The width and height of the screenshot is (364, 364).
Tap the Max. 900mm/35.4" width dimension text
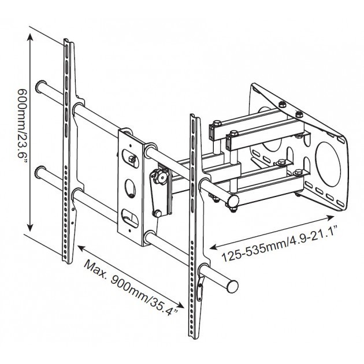pyautogui.click(x=131, y=287)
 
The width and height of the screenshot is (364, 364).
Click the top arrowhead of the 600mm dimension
pyautogui.click(x=30, y=37)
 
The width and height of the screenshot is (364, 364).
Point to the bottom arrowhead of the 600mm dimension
pyautogui.click(x=30, y=227)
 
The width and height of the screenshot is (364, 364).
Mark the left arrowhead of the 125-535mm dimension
pyautogui.click(x=214, y=247)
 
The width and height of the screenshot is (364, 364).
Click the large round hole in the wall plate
pyautogui.click(x=328, y=164)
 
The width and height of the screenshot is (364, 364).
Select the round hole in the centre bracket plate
pyautogui.click(x=131, y=188)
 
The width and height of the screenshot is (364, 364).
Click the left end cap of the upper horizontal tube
pyautogui.click(x=41, y=86)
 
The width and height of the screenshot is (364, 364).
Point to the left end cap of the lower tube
pyautogui.click(x=40, y=172)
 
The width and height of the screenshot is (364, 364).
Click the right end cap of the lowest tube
pyautogui.click(x=232, y=287)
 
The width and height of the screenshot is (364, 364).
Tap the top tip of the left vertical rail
pyautogui.click(x=66, y=39)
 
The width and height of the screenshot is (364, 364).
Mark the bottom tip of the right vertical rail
pyautogui.click(x=192, y=338)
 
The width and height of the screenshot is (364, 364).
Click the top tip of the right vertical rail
pyautogui.click(x=192, y=114)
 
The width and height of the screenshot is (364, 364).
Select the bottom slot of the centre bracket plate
pyautogui.click(x=130, y=218)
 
